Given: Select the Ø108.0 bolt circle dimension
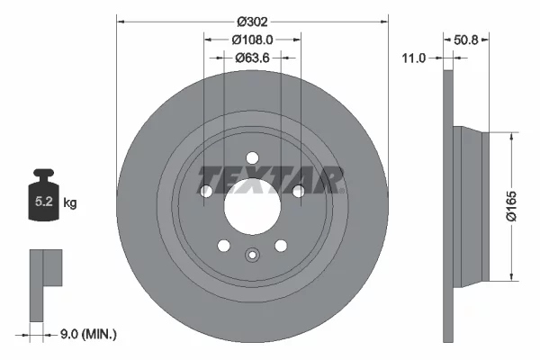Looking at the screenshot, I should [x=252, y=40].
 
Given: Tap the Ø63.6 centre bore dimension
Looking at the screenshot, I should [x=252, y=58].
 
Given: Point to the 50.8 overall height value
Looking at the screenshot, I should [x=464, y=40].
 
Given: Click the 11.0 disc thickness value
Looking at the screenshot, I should [x=414, y=58].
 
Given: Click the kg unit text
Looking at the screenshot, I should [x=70, y=203].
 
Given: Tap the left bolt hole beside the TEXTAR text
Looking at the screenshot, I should [x=206, y=191].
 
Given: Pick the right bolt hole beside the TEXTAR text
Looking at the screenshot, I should [x=298, y=191].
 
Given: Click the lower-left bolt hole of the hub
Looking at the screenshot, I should [x=223, y=246].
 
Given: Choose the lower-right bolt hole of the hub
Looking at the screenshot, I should [x=281, y=246].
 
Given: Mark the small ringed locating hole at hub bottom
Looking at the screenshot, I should [x=252, y=254].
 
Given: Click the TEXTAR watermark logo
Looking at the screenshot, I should [x=270, y=178].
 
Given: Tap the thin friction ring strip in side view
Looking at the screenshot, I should [x=447, y=207].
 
